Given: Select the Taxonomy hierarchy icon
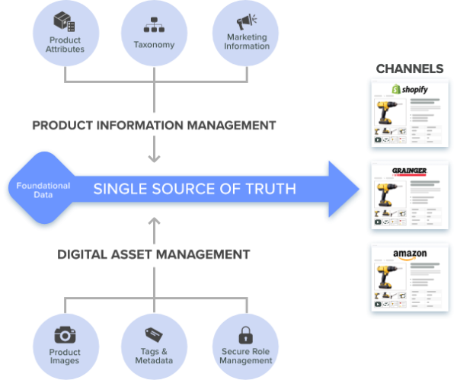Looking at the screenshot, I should (x=155, y=25).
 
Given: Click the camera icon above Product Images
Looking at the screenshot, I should (x=66, y=335).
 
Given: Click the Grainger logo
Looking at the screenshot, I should (x=412, y=171).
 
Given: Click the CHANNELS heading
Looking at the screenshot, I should (x=411, y=69).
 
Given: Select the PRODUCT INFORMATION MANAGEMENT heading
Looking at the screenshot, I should (x=154, y=125).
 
